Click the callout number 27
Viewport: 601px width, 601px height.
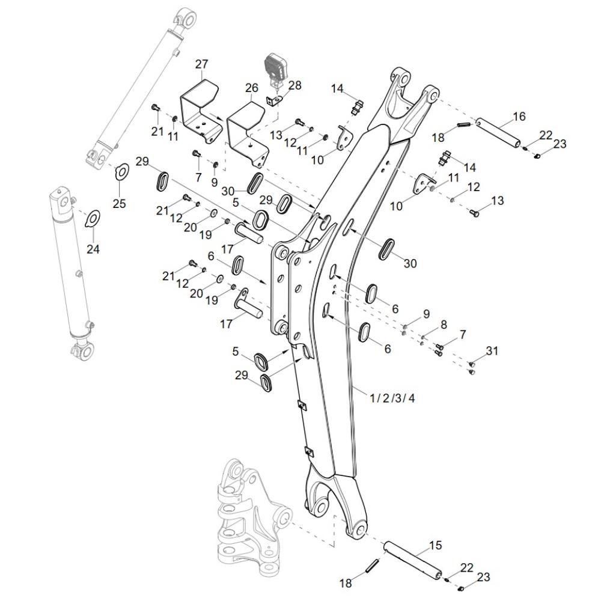point(201,65)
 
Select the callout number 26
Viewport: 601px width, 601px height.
point(251,88)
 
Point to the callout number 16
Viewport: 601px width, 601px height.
point(519,116)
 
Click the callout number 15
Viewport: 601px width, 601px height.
point(435,546)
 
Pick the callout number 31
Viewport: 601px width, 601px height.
point(492,350)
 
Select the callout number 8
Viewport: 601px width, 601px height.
point(444,325)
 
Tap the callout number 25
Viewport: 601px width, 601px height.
point(120,203)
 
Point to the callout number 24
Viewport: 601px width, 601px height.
point(93,249)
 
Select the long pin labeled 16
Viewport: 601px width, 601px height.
point(498,133)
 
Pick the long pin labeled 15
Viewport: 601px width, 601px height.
point(415,558)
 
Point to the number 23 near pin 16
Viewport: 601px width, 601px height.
point(560,144)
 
